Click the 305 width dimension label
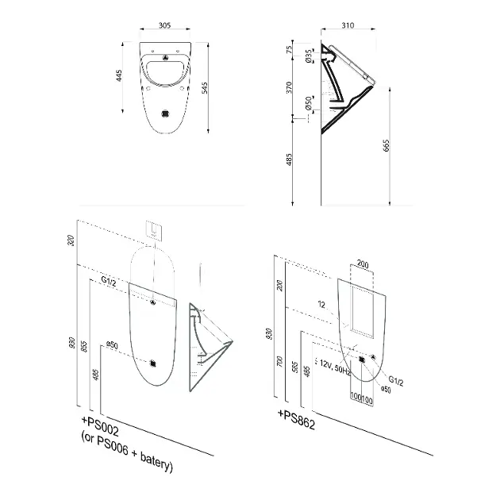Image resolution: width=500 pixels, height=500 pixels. pos(164,25)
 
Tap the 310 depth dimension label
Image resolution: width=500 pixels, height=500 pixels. pos(348,25)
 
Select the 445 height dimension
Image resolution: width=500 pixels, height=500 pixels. pos(119,76)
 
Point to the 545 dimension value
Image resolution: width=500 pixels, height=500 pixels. pos(205,88)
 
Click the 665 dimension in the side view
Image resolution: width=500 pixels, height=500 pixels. pos(387,145)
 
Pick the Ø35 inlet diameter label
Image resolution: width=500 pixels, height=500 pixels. pos(309,56)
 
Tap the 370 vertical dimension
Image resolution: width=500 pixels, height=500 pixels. pos(289,87)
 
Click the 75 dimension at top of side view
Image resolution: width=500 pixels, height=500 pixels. pos(289,50)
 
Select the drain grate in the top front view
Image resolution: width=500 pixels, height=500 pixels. pos(165,113)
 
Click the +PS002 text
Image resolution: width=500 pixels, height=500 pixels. pos(100,426)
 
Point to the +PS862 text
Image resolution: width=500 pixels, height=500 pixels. pos(297,420)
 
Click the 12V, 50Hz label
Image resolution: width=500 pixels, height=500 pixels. pos(335,367)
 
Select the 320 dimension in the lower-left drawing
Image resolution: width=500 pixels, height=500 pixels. pos(71,240)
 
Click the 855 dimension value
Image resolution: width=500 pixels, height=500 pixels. pos(84,346)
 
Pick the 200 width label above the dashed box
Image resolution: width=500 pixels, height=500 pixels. pos(363,264)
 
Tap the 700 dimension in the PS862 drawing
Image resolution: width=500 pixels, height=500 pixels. pos(279,361)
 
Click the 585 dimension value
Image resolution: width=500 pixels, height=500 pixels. pos(295,367)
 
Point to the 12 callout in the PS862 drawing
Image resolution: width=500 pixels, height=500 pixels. pos(321,305)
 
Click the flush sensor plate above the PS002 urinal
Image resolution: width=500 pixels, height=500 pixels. pos(155,229)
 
